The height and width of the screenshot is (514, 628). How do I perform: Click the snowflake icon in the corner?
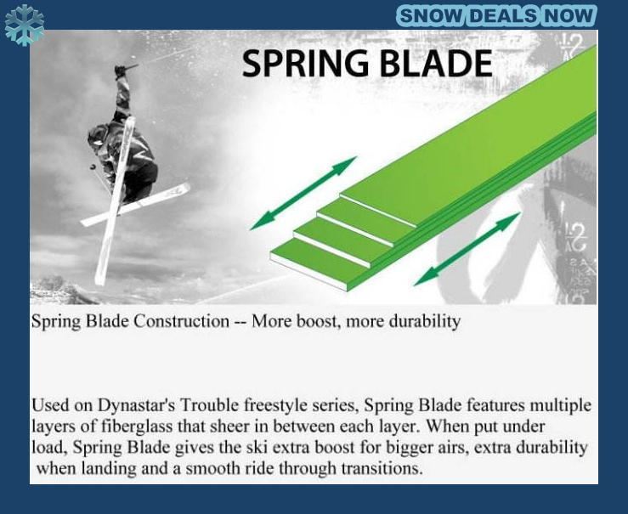pyautogui.click(x=25, y=25)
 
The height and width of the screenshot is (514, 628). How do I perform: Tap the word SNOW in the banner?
pyautogui.click(x=431, y=16)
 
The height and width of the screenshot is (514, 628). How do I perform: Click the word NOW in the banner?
pyautogui.click(x=569, y=16)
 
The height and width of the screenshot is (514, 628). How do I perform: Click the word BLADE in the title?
pyautogui.click(x=436, y=63)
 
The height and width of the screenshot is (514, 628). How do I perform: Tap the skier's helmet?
pyautogui.click(x=97, y=137)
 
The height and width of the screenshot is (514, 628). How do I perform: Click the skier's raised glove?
pyautogui.click(x=120, y=71)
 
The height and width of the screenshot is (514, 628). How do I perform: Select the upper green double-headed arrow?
pyautogui.click(x=303, y=193)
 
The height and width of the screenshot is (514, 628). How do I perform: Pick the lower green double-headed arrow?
pyautogui.click(x=467, y=249)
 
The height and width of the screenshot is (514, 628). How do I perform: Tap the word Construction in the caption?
pyautogui.click(x=181, y=321)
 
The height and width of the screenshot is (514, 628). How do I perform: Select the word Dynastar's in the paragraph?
pyautogui.click(x=136, y=405)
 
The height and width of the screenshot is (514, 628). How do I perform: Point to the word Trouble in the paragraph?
pyautogui.click(x=209, y=405)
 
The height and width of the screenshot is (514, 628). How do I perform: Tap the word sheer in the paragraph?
pyautogui.click(x=229, y=426)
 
